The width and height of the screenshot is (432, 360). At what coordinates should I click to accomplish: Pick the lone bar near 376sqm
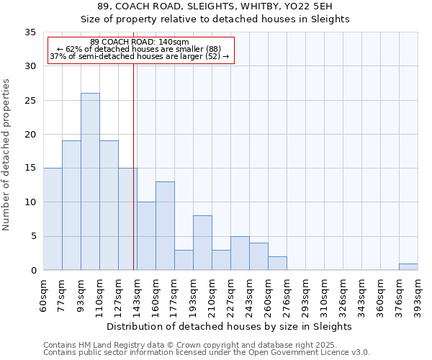pos(408,266)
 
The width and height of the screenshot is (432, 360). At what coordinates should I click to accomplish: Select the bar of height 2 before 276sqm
pos(277,263)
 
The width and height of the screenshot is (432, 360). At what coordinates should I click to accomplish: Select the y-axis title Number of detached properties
pos(7,151)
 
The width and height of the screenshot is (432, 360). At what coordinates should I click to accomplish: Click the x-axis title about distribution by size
pos(230,326)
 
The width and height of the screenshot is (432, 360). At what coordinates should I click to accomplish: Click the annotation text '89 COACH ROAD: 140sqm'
pos(140,42)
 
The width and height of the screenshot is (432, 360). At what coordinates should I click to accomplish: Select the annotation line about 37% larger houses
pos(140,56)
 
